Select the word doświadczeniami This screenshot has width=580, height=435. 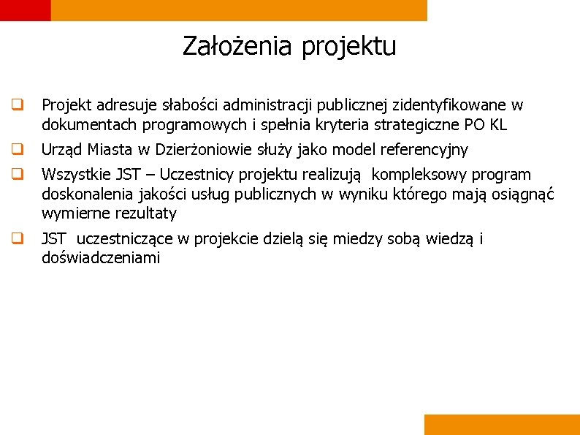click(x=101, y=258)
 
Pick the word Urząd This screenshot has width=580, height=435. click(x=62, y=151)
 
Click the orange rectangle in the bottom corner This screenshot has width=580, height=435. click(x=501, y=424)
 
